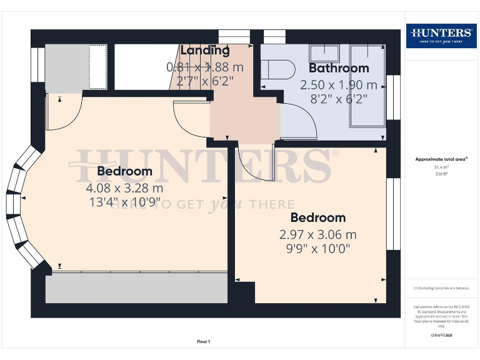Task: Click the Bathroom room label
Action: pyautogui.click(x=339, y=67)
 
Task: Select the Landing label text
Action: pyautogui.click(x=205, y=51)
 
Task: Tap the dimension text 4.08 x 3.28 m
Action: pyautogui.click(x=124, y=187)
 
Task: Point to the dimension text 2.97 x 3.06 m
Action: pyautogui.click(x=317, y=234)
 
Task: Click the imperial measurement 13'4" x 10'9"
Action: pyautogui.click(x=124, y=202)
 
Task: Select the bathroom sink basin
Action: pyautogui.click(x=324, y=52)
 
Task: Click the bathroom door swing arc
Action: pyautogui.click(x=300, y=122)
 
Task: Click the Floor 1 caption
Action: pyautogui.click(x=203, y=342)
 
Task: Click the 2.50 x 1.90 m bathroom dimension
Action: pyautogui.click(x=339, y=84)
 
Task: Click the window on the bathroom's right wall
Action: pyautogui.click(x=393, y=97)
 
